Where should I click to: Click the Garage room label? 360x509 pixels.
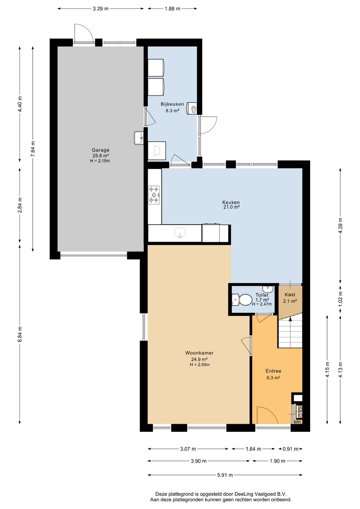[x=100, y=150]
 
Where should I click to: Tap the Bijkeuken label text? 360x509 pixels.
[x=172, y=104]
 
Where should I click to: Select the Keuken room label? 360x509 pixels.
[x=231, y=202]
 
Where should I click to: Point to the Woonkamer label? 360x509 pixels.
[x=199, y=353]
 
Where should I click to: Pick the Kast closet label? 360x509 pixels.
[x=290, y=295]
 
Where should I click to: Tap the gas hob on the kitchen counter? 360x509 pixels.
[x=154, y=194]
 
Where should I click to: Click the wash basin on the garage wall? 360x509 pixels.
[x=139, y=138]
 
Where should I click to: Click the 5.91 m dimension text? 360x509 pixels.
[x=225, y=475]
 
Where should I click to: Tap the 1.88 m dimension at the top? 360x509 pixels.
[x=173, y=9]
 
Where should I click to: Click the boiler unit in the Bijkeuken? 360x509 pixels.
[x=192, y=108]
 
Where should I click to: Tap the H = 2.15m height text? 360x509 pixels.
[x=100, y=161]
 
